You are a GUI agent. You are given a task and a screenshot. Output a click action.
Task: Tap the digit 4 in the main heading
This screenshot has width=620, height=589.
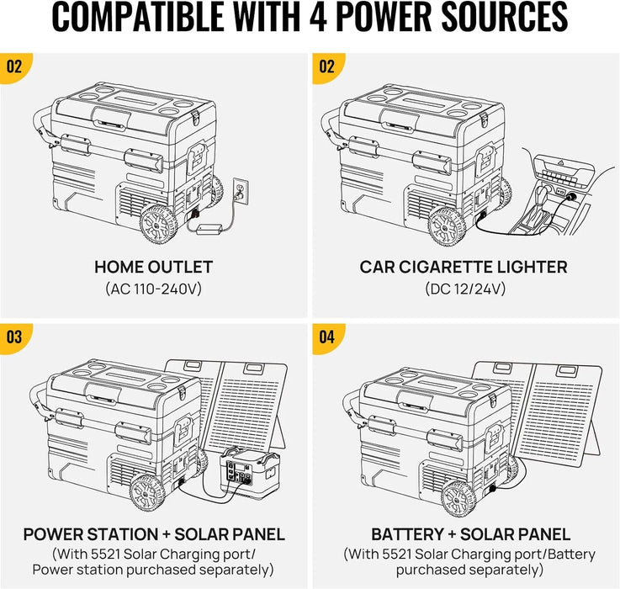coord(318,17)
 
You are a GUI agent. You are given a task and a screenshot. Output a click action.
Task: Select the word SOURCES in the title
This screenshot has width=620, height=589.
coord(505,17)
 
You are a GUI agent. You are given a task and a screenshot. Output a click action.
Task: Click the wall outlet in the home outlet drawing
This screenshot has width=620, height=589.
coord(241,192)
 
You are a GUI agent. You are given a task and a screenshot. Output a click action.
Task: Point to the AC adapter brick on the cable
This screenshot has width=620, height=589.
coord(209,229)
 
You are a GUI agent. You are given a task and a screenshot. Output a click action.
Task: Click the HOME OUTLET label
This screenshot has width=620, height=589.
coord(153,267)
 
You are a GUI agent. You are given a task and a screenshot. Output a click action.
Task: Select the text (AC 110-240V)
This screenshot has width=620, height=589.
coord(153,289)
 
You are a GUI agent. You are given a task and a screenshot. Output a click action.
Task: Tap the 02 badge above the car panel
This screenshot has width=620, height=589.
coord(327,66)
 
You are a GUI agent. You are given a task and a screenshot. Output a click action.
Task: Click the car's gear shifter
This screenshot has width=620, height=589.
coord(542,198)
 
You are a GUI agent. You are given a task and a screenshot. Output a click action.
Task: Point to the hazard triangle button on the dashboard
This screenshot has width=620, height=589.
coord(560,162)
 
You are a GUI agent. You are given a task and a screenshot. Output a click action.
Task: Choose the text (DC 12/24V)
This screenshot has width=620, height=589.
coord(465,289)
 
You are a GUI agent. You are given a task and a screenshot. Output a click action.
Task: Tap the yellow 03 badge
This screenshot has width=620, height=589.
coord(14,337)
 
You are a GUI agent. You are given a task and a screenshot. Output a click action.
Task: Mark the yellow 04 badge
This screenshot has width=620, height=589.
coord(327,337)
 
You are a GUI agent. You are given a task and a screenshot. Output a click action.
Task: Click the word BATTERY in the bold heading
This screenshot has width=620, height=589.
coord(407,534)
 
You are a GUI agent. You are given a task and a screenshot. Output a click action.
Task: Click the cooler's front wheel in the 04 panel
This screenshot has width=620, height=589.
coord(459,498)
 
